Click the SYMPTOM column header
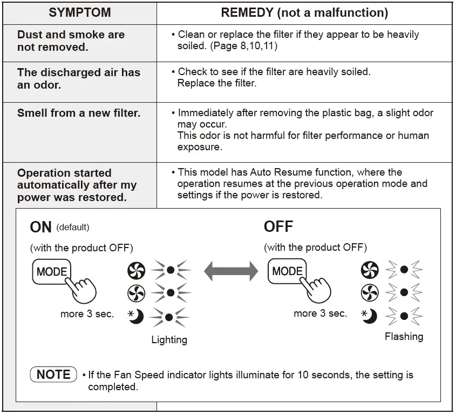click(x=79, y=12)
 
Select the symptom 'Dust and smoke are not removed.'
click(x=71, y=41)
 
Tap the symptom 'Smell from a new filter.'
click(x=79, y=113)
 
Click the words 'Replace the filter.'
click(x=217, y=83)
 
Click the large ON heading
click(x=41, y=227)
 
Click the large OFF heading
click(x=278, y=226)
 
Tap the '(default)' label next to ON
click(x=73, y=227)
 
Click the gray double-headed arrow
click(x=231, y=270)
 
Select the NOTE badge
click(x=53, y=375)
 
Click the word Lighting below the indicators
click(x=169, y=340)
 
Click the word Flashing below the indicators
click(x=404, y=337)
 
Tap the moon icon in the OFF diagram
click(x=370, y=316)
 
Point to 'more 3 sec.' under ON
click(x=87, y=314)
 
